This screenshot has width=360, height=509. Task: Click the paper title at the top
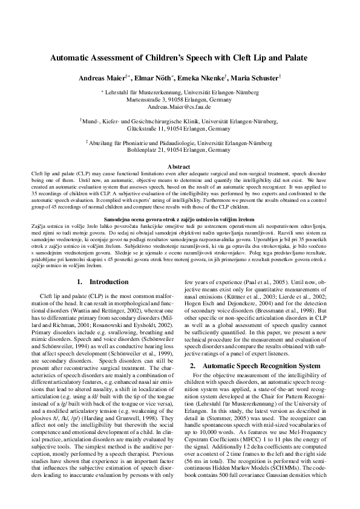(180, 58)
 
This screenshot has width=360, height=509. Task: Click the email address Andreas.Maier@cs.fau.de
(179, 106)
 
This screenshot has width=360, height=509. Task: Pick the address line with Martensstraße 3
(179, 99)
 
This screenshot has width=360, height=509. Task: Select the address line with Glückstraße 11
(179, 129)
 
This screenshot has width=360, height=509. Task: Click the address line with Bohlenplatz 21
(179, 151)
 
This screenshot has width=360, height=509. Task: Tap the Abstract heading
(179, 166)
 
